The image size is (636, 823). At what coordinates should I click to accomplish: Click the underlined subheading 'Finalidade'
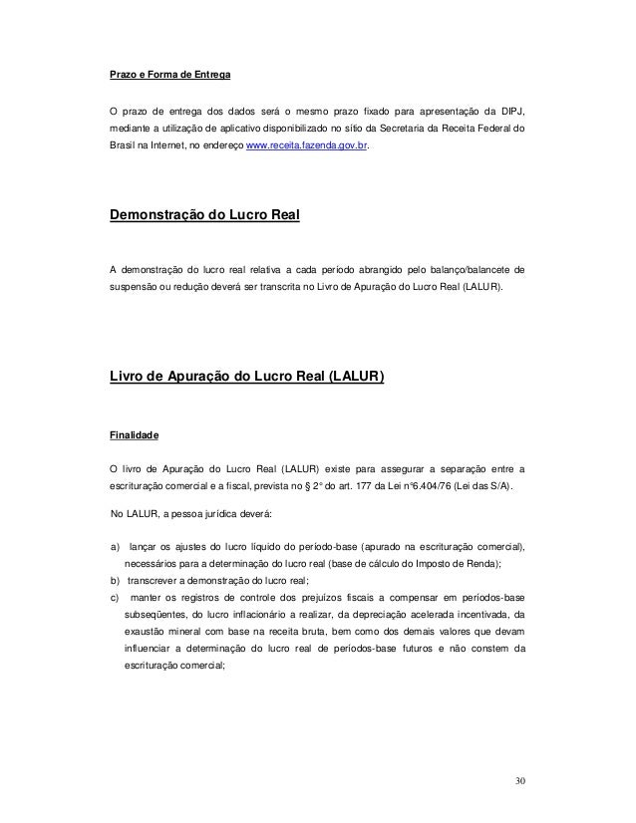tap(135, 435)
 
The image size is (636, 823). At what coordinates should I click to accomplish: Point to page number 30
tap(511, 778)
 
